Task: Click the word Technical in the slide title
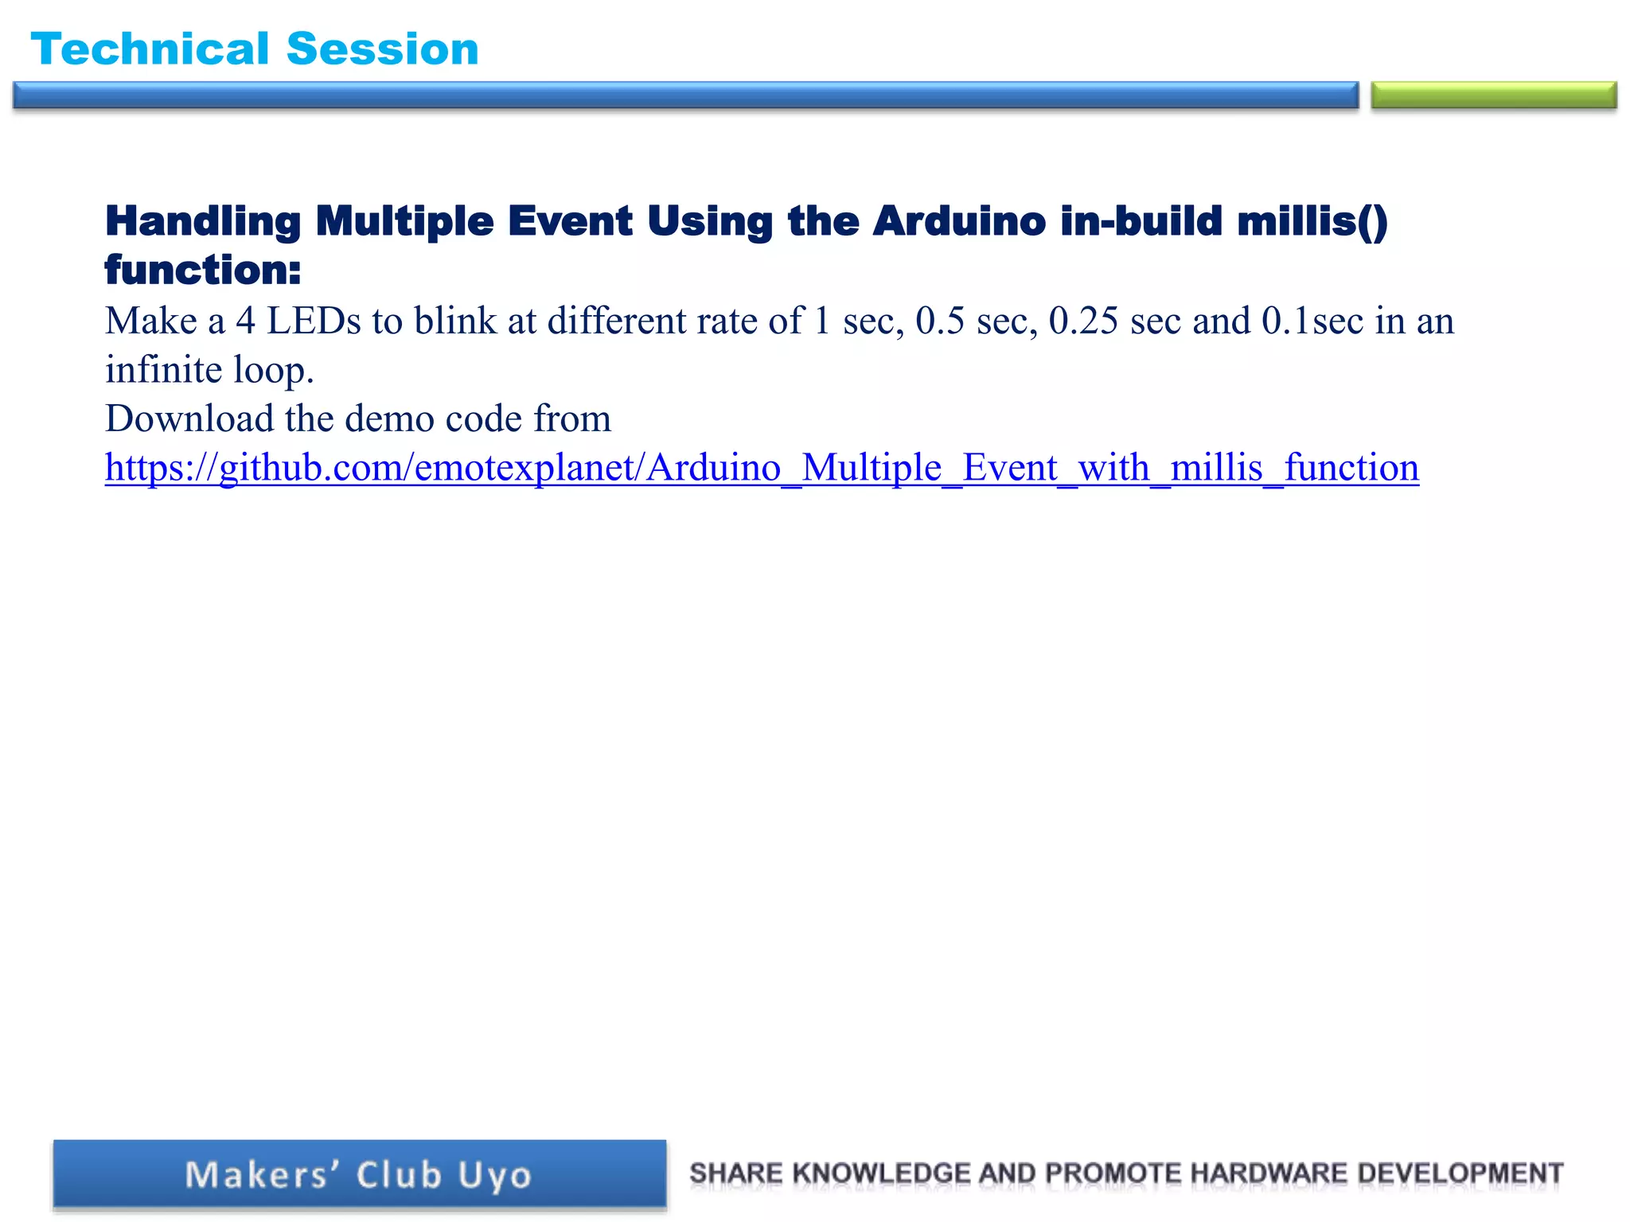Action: click(x=150, y=49)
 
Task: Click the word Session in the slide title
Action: click(x=382, y=49)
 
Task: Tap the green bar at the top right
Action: click(x=1493, y=95)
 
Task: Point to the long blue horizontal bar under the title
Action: click(x=684, y=95)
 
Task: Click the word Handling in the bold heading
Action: click(x=202, y=222)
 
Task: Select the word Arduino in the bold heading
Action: click(x=958, y=222)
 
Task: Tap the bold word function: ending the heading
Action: click(x=203, y=270)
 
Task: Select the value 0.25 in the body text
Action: click(x=1083, y=321)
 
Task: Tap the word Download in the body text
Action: click(x=189, y=418)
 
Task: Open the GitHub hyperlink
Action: click(x=762, y=468)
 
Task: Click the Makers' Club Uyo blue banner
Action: click(x=359, y=1174)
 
